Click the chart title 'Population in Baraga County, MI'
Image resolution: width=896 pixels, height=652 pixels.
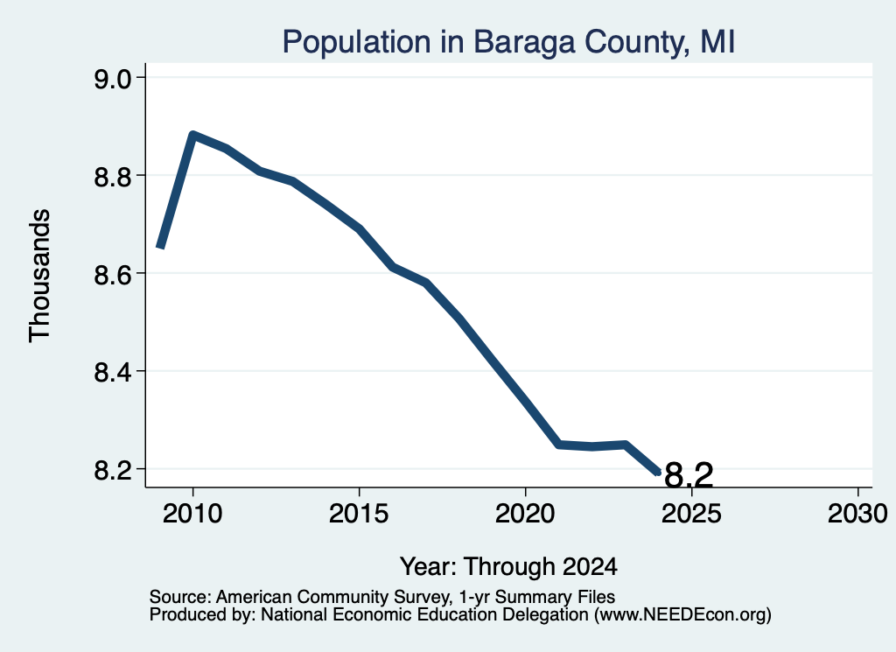(x=508, y=42)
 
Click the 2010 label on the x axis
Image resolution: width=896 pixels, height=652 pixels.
(x=192, y=514)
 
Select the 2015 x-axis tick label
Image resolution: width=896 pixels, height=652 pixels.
(x=359, y=514)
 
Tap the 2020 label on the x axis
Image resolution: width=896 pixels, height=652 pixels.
(x=525, y=514)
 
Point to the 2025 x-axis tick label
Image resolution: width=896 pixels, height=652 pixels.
(x=691, y=514)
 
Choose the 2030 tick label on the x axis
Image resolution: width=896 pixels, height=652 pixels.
(x=857, y=514)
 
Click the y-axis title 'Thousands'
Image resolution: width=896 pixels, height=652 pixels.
(x=39, y=276)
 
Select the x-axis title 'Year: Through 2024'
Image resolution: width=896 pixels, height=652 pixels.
(x=508, y=566)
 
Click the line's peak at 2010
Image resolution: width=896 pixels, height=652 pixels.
(x=192, y=135)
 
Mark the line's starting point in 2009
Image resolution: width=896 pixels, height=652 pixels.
(x=161, y=247)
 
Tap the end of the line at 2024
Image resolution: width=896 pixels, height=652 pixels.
(x=658, y=473)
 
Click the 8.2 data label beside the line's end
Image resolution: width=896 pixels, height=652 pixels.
(x=689, y=475)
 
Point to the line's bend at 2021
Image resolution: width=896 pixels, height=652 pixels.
(x=559, y=444)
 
